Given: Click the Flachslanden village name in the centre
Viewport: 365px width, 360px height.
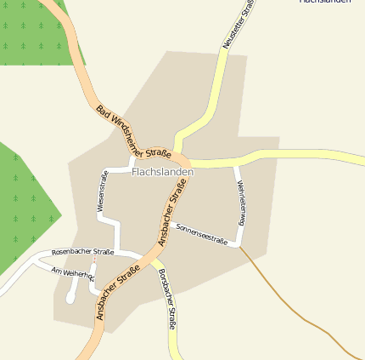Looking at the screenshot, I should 163,172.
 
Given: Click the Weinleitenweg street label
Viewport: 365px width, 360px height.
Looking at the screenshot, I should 241,203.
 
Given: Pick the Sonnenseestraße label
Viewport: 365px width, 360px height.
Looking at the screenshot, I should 202,234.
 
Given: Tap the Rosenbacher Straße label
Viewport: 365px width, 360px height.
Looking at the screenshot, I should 82,253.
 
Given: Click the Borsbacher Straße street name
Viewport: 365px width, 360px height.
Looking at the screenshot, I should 167,299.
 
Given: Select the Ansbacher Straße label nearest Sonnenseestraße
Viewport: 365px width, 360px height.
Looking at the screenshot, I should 172,219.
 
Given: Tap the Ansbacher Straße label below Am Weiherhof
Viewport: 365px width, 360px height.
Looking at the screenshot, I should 118,294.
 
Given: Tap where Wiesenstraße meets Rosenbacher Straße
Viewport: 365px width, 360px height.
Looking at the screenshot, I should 115,252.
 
